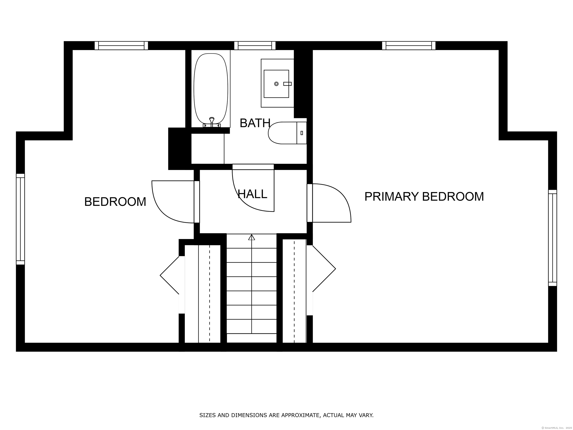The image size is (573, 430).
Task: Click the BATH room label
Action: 255,123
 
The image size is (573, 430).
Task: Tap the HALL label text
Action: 252,194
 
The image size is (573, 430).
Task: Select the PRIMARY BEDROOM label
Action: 424,197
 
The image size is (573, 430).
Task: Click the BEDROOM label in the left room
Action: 115,202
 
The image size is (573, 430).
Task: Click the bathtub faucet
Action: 212,122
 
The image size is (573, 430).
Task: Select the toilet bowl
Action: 283,133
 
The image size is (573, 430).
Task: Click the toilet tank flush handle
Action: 302,133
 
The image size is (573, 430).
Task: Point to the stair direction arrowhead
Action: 252,237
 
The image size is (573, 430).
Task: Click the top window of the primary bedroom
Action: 409,46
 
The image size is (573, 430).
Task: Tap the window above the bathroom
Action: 255,46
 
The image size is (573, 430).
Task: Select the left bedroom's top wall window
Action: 121,46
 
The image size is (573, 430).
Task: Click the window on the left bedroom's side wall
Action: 21,219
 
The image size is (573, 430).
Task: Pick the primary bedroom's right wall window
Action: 552,238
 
